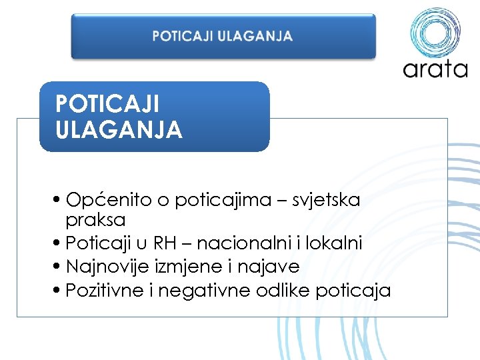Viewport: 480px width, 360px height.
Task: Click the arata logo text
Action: pyautogui.click(x=435, y=69)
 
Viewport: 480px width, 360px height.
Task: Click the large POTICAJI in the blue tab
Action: pyautogui.click(x=107, y=103)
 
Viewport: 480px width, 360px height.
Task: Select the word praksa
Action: pyautogui.click(x=95, y=219)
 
